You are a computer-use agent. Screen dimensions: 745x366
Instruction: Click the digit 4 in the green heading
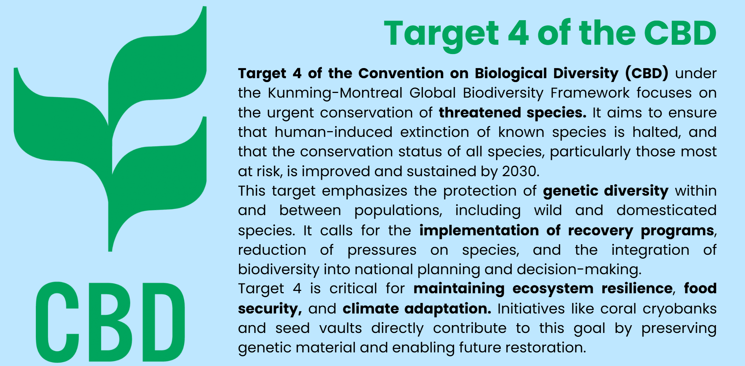click(x=518, y=33)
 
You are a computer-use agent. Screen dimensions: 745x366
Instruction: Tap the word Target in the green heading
click(x=441, y=35)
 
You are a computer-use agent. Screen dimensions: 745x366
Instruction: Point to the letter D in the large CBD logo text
click(x=164, y=322)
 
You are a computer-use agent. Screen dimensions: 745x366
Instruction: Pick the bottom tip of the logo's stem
click(x=110, y=251)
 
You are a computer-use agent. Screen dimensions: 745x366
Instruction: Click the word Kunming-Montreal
click(x=335, y=93)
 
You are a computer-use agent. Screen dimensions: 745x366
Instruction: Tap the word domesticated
click(x=666, y=210)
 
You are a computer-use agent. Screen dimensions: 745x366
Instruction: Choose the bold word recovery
click(x=601, y=231)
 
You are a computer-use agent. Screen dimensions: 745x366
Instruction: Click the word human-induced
click(x=333, y=132)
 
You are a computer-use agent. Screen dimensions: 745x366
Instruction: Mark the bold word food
click(x=700, y=288)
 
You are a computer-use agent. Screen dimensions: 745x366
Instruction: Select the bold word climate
click(x=371, y=308)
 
